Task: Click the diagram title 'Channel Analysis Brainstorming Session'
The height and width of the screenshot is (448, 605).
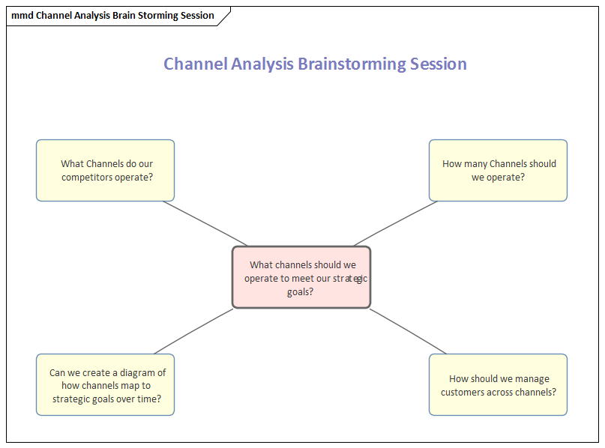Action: click(x=315, y=64)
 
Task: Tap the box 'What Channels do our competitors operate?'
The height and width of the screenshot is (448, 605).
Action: click(x=105, y=170)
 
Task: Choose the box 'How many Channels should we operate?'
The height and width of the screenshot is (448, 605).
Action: click(x=498, y=170)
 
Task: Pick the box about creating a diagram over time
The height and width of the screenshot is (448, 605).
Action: click(x=105, y=385)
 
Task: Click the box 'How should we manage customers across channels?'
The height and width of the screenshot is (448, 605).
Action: click(x=498, y=385)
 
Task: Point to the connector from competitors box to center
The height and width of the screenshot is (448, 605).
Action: click(x=204, y=223)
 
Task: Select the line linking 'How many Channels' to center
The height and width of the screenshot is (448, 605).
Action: click(x=396, y=223)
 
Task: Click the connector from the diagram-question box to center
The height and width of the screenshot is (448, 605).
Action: click(x=193, y=331)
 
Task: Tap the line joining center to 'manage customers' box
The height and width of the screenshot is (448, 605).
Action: click(x=408, y=331)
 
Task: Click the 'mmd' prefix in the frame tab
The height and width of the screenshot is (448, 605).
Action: click(x=22, y=16)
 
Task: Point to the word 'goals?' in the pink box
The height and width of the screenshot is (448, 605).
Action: click(x=301, y=292)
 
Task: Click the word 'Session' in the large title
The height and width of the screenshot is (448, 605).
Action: click(x=439, y=64)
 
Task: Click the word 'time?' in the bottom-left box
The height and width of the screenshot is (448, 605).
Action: click(x=147, y=399)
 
